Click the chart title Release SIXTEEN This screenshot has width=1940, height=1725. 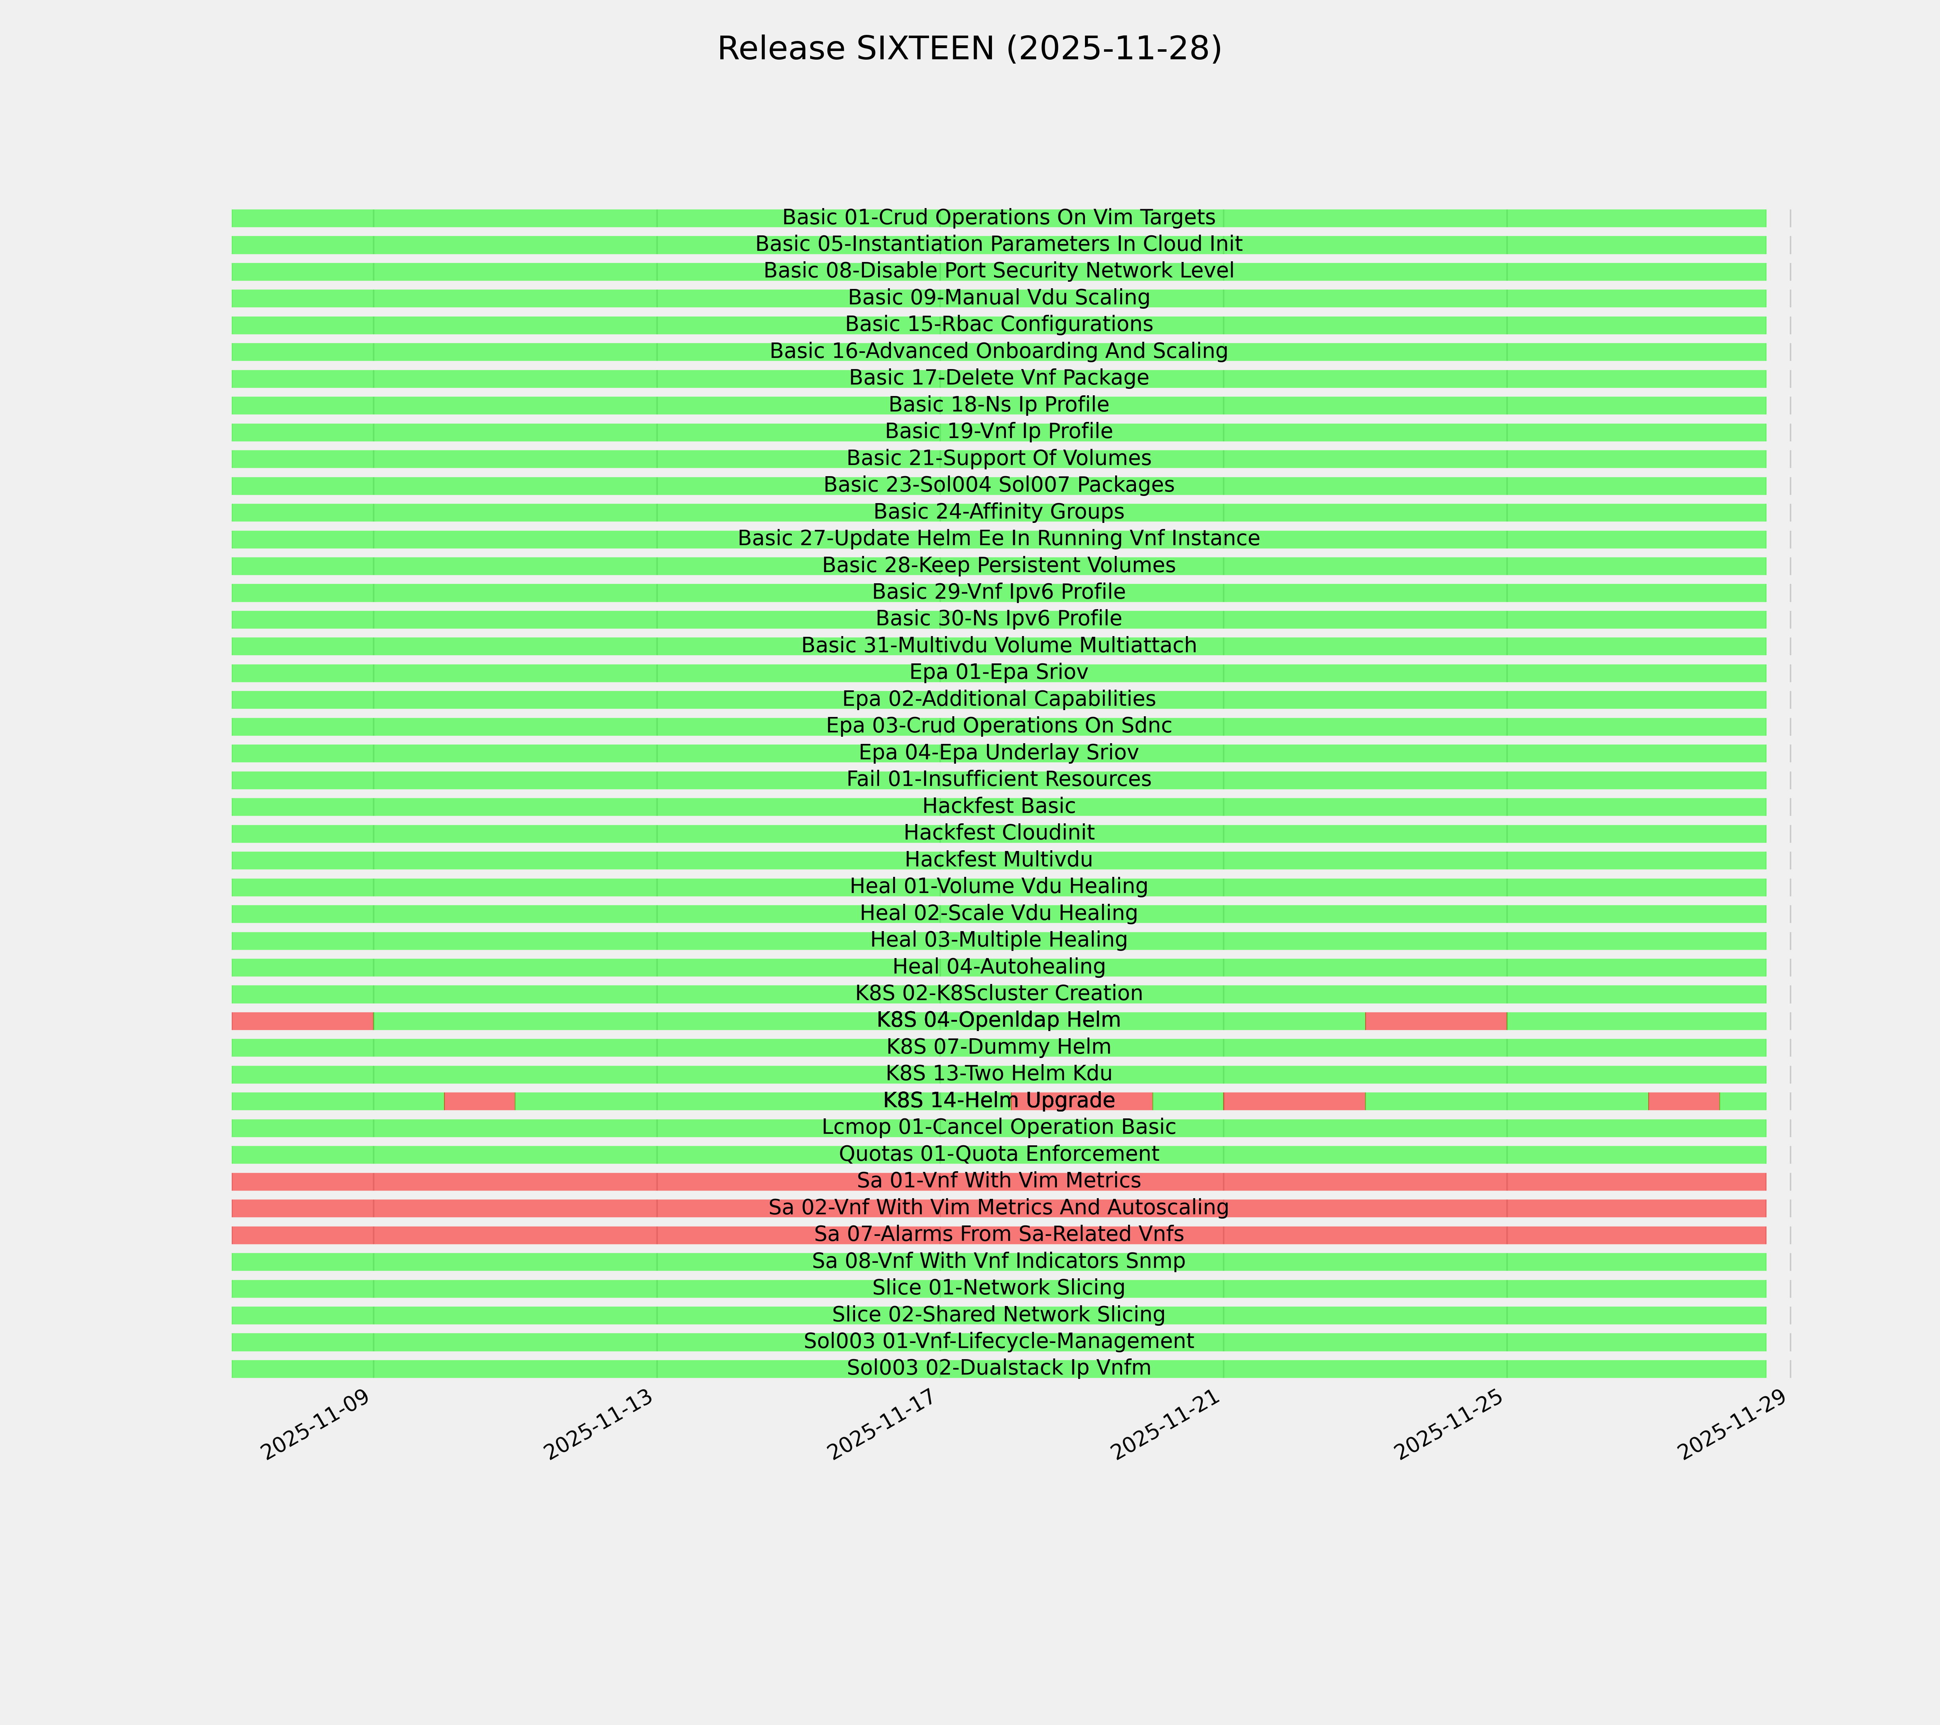click(969, 49)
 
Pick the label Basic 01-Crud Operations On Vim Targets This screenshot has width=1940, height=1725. click(998, 217)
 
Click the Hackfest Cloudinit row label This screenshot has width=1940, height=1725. click(998, 833)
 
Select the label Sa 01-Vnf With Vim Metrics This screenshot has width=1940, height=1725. click(998, 1181)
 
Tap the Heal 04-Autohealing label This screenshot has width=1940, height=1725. click(998, 966)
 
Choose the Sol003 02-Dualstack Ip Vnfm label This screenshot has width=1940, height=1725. click(998, 1368)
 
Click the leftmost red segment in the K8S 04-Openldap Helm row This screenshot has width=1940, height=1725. click(302, 1021)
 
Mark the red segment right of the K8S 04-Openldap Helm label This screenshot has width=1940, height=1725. click(1435, 1021)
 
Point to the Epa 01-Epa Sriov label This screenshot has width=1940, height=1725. click(998, 672)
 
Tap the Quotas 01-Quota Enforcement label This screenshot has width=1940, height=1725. click(998, 1154)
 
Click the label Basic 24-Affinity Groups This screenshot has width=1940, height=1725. click(998, 512)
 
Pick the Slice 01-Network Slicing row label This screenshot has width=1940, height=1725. click(998, 1288)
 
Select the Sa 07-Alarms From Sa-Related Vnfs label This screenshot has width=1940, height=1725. click(998, 1234)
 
